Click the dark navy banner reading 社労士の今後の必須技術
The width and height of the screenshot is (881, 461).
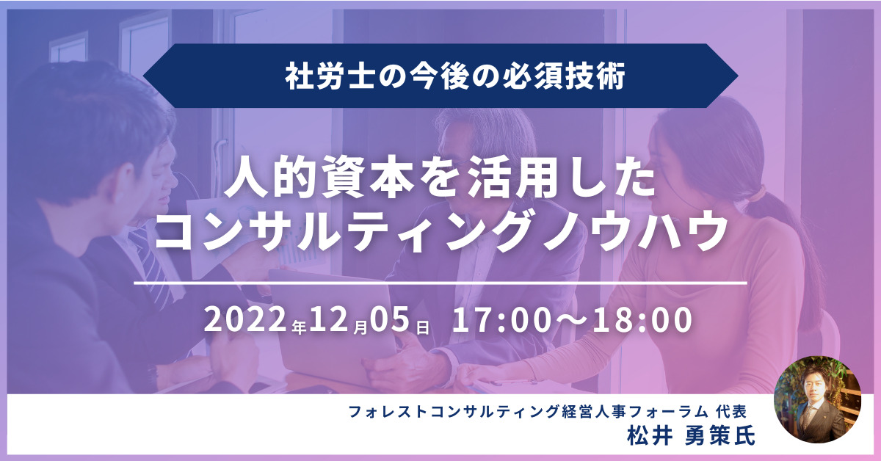pyautogui.click(x=440, y=76)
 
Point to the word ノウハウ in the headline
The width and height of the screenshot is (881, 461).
pyautogui.click(x=634, y=233)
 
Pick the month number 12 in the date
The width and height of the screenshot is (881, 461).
pyautogui.click(x=329, y=319)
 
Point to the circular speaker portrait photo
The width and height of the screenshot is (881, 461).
pyautogui.click(x=818, y=399)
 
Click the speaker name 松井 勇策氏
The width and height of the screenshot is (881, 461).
pyautogui.click(x=691, y=436)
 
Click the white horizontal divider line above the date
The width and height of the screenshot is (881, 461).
pyautogui.click(x=440, y=283)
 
